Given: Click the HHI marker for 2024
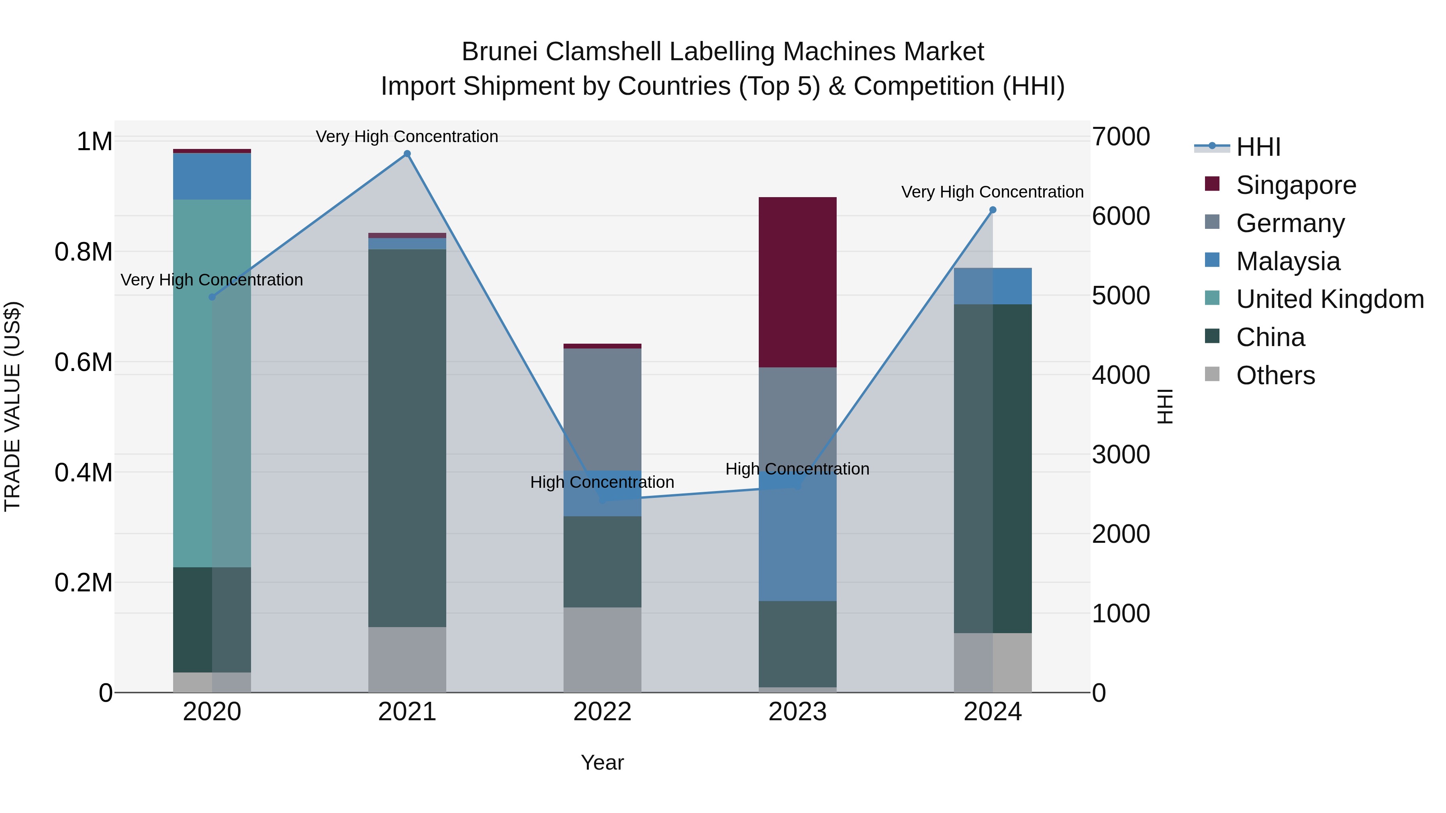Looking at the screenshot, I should pos(993,210).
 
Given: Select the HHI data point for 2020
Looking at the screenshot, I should pos(212,297).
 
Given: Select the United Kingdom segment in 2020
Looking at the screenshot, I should pos(212,383).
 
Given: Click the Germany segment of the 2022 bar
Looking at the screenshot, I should pos(602,409).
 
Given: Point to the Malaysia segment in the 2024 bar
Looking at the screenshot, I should pos(993,286).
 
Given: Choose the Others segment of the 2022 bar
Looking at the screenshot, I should pos(602,649).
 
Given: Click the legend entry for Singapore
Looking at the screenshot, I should pos(1295,185).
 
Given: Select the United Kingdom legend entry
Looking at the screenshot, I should pos(1329,299).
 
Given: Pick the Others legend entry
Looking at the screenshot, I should pos(1275,375).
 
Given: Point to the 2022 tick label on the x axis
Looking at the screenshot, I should pos(602,712).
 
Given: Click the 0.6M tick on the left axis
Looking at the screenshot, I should pos(84,363).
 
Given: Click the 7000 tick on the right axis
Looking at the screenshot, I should pos(1120,137).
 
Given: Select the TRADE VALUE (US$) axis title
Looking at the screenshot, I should pos(12,406).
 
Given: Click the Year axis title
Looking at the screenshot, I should pos(602,762).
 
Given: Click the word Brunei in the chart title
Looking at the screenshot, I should pos(500,52).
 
